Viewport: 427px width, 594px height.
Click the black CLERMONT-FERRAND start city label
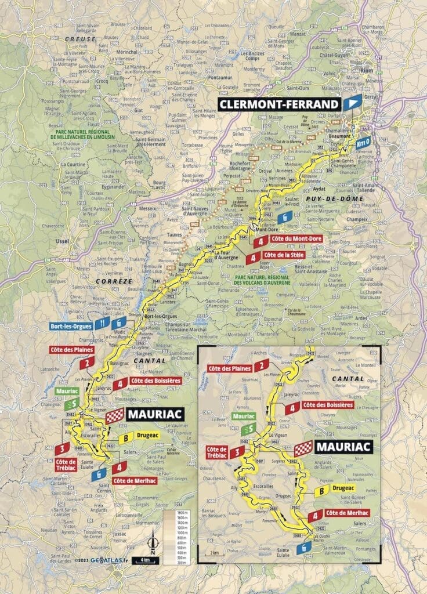[x=279, y=104]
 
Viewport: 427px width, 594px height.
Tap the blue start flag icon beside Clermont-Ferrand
[x=350, y=104]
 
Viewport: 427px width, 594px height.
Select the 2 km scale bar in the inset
[x=215, y=550]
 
